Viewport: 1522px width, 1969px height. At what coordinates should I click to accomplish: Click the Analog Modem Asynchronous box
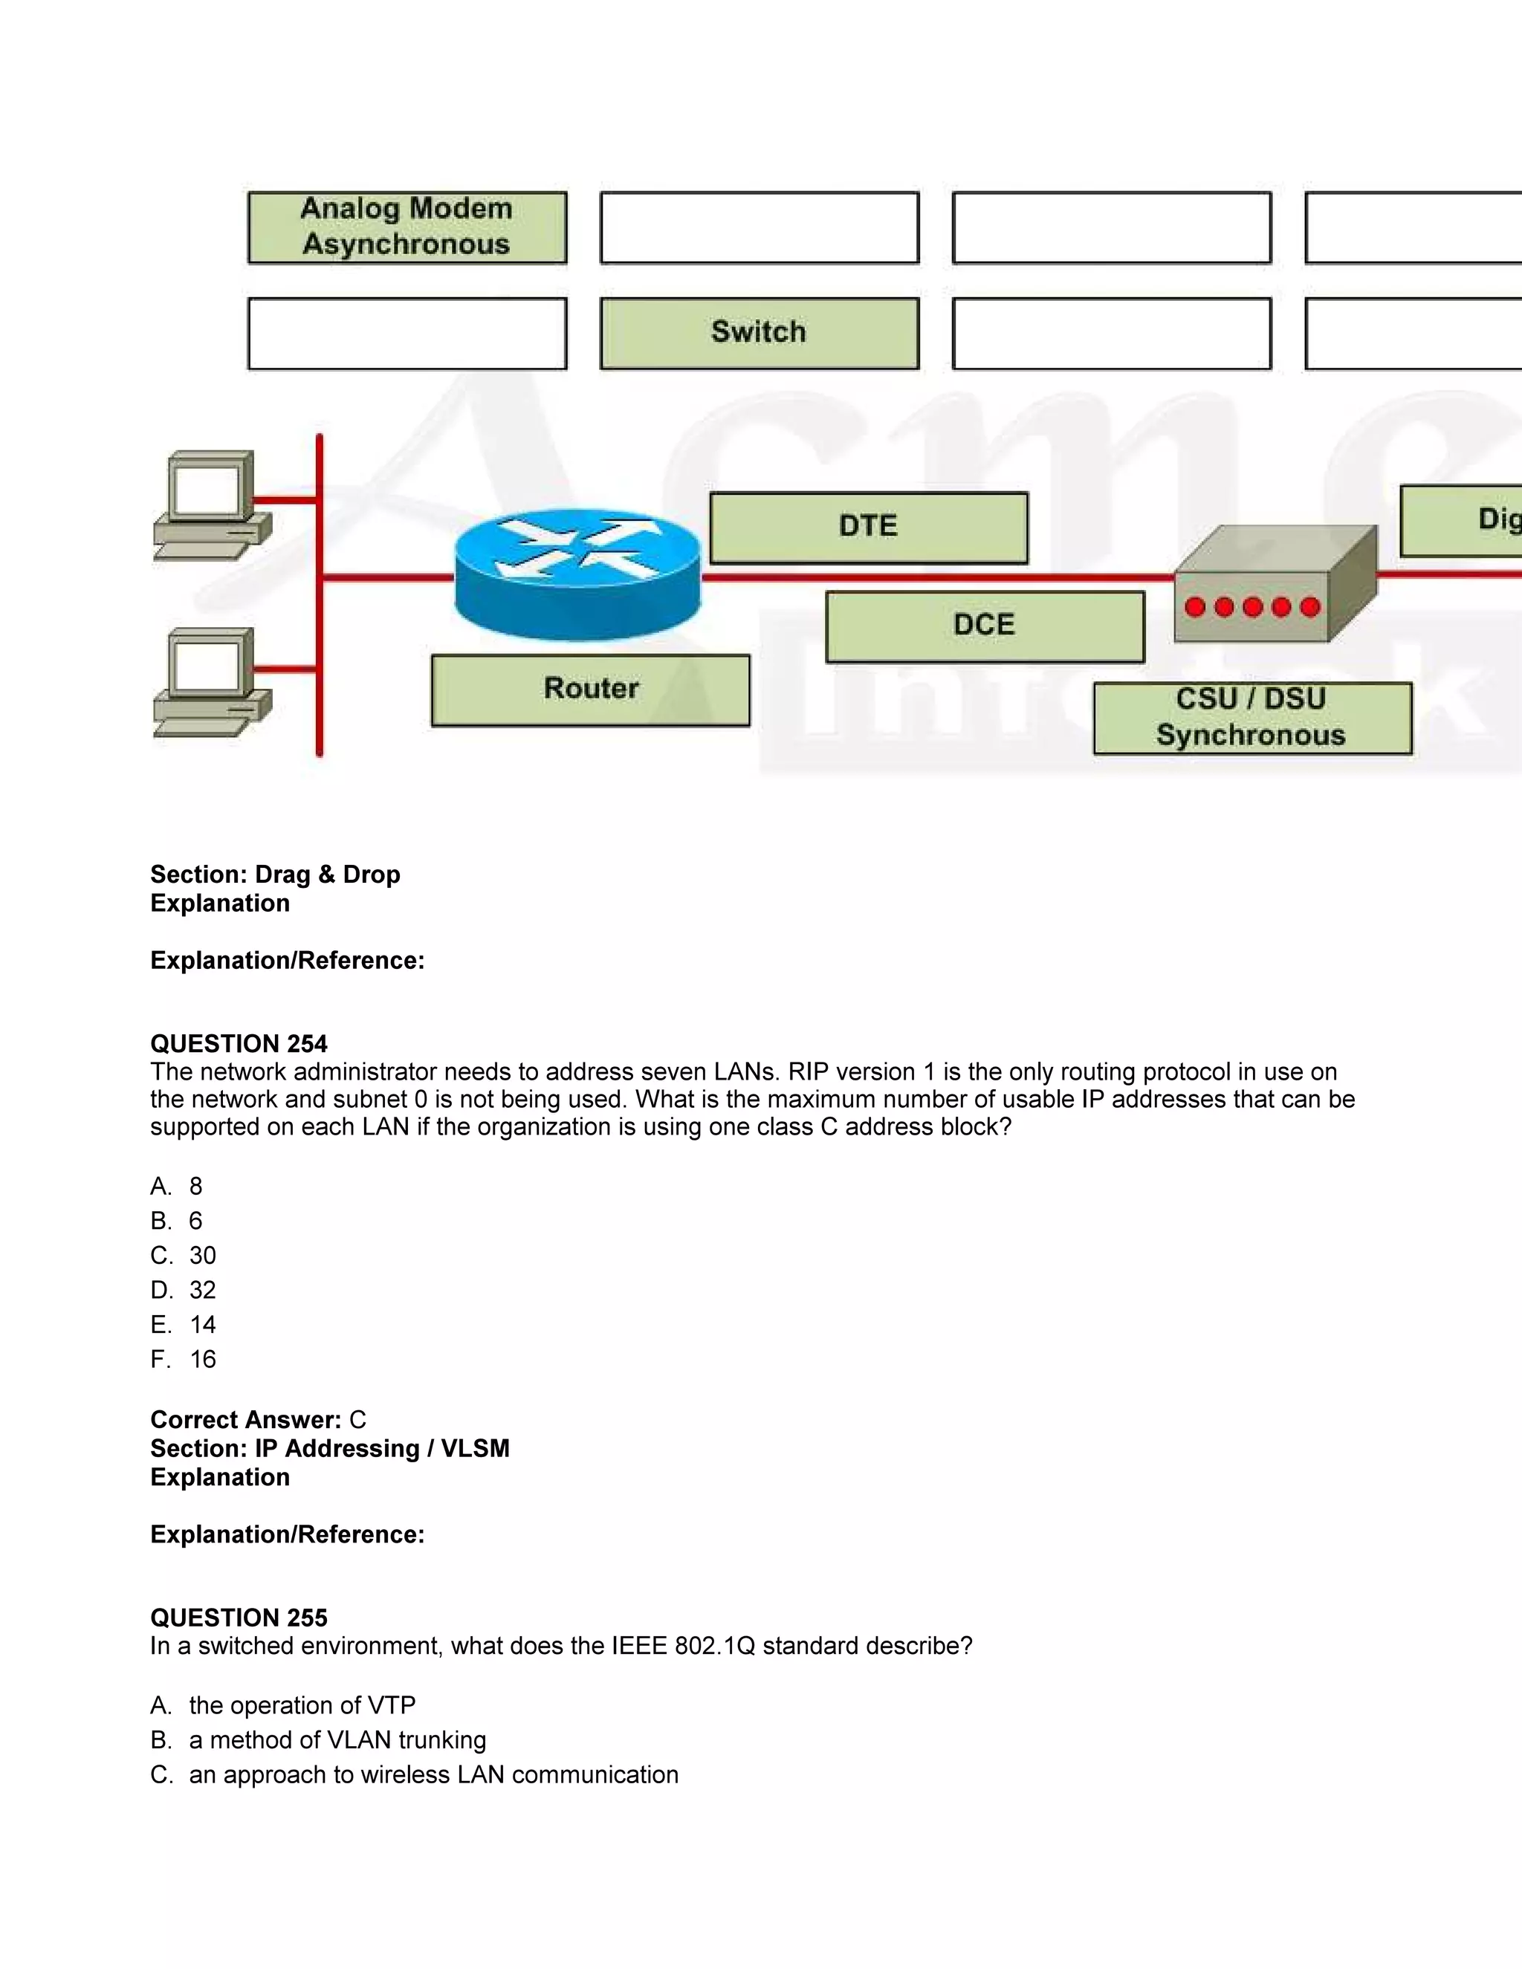click(407, 227)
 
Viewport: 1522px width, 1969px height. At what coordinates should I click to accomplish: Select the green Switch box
click(760, 333)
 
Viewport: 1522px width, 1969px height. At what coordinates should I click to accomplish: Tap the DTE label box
click(868, 528)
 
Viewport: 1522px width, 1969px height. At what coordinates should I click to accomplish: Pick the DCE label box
click(985, 626)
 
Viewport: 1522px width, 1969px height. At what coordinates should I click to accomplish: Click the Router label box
click(591, 690)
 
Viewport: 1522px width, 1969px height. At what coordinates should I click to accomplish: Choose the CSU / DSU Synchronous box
click(1251, 718)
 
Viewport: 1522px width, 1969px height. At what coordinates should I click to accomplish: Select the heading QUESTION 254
click(239, 1043)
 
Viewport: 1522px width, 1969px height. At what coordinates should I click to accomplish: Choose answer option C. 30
click(184, 1255)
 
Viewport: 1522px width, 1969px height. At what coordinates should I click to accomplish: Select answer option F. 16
click(184, 1359)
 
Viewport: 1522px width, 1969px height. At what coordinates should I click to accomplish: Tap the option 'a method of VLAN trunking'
click(337, 1739)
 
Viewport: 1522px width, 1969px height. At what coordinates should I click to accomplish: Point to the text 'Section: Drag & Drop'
click(275, 874)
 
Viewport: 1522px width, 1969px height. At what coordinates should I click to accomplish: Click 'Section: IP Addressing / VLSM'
click(330, 1448)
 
